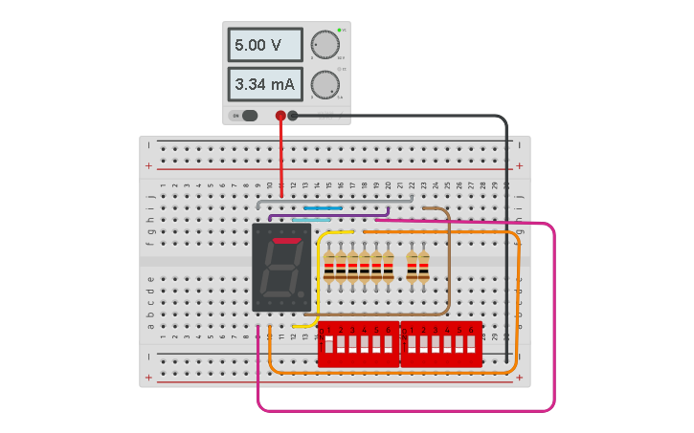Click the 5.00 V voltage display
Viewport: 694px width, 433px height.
[265, 45]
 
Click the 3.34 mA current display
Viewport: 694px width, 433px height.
[265, 84]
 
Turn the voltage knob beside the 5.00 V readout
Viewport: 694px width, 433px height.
[325, 45]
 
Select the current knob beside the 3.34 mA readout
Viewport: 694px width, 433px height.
[325, 84]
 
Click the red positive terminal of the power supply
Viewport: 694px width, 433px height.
[280, 116]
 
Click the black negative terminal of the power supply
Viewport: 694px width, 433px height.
[293, 116]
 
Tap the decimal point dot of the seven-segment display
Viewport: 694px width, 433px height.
[302, 293]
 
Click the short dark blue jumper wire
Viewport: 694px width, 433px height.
[323, 207]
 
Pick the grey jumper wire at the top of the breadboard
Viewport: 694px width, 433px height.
[335, 202]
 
